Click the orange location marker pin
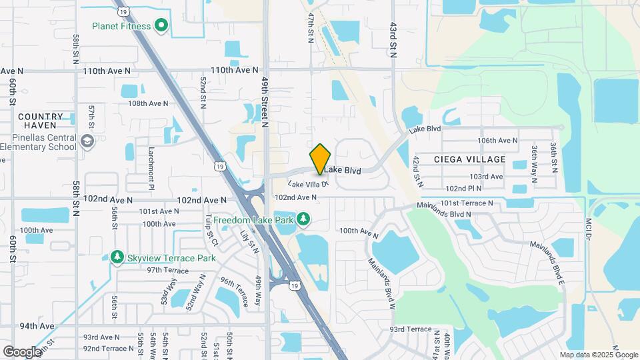[x=321, y=159]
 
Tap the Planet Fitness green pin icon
[x=161, y=26]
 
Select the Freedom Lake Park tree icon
[x=303, y=218]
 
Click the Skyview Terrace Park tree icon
[x=117, y=257]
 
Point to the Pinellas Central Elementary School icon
[x=87, y=141]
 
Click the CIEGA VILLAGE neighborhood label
[x=469, y=159]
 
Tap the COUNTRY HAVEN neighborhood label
[x=41, y=121]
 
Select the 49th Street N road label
[x=265, y=100]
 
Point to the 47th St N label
[x=311, y=27]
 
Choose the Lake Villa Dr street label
[x=308, y=184]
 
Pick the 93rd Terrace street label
[x=411, y=329]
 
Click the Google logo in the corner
[x=21, y=351]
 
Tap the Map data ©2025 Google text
[x=599, y=355]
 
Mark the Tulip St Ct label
[x=211, y=228]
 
